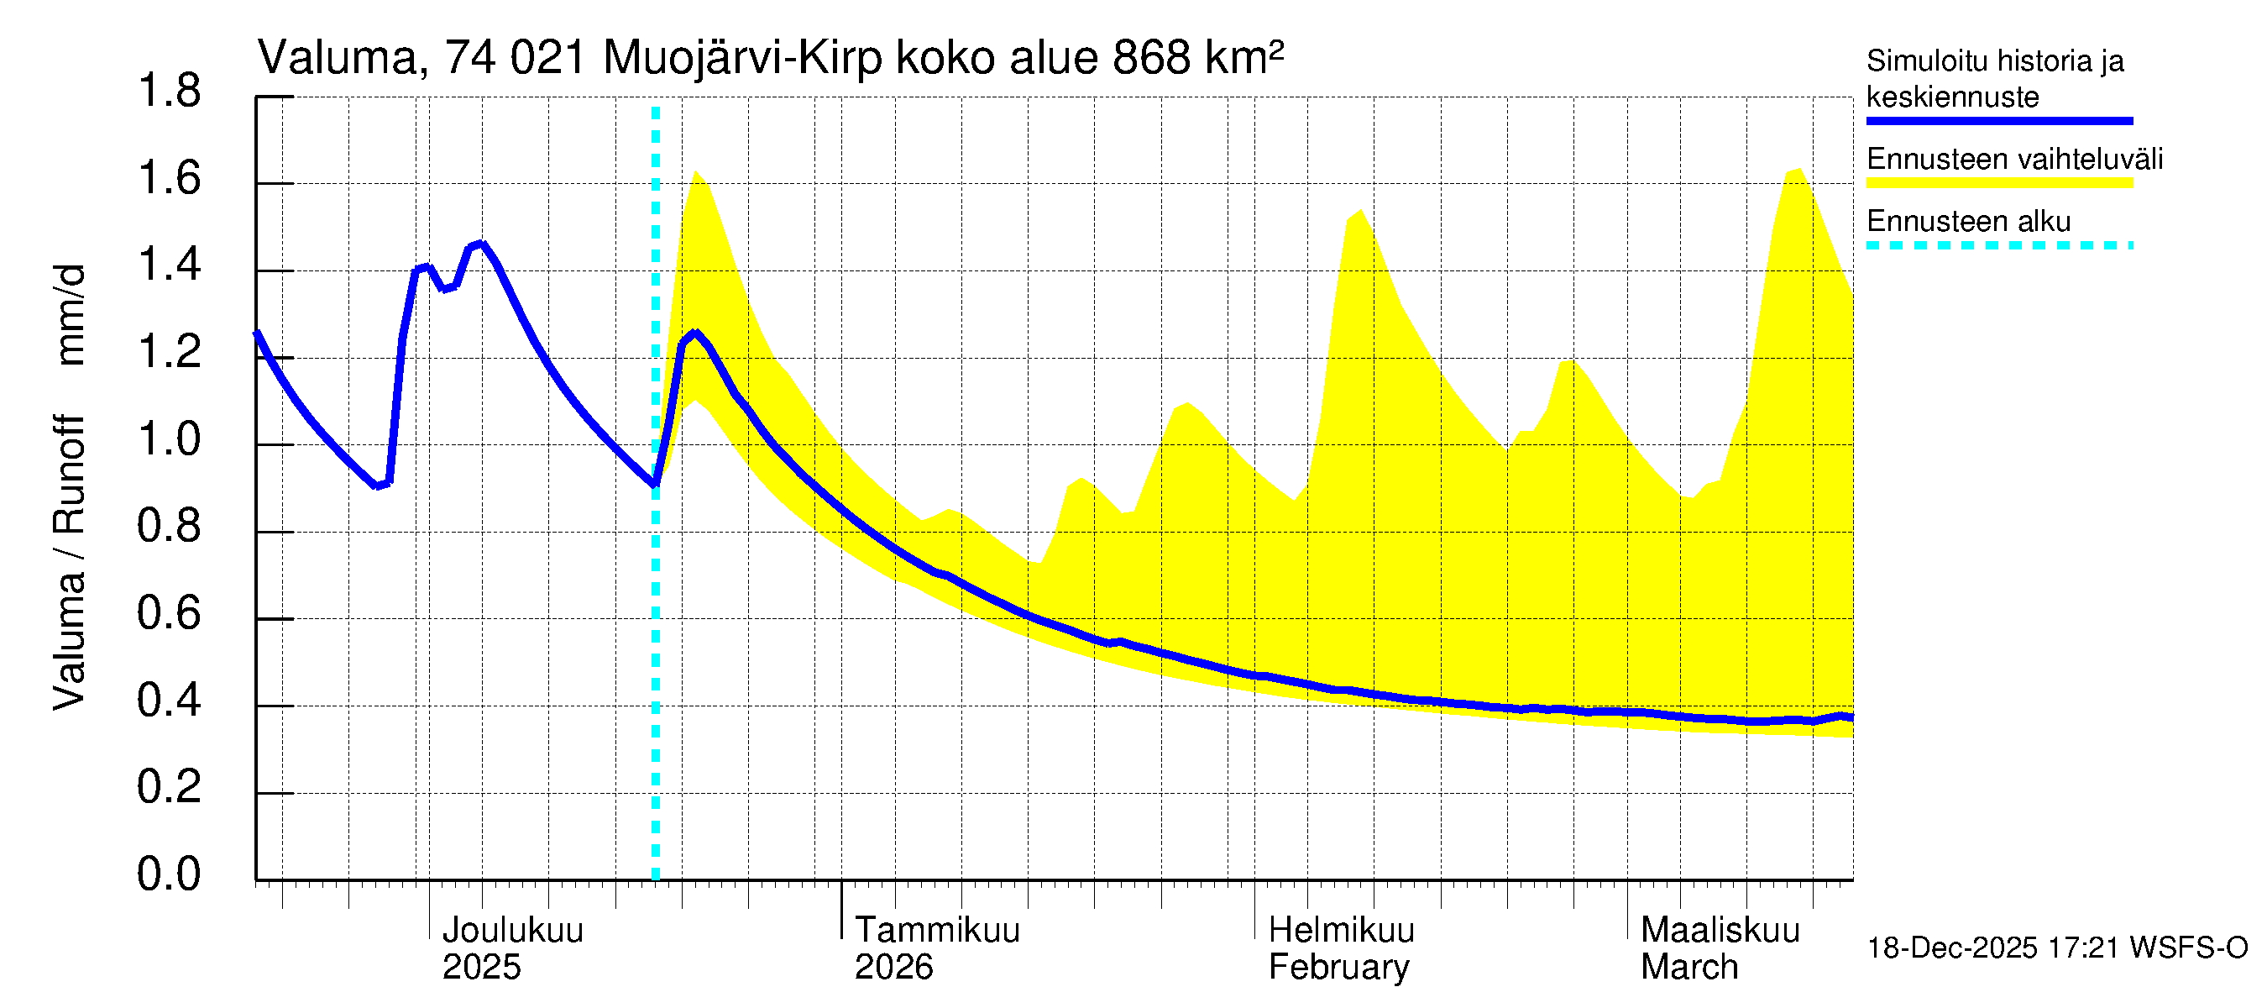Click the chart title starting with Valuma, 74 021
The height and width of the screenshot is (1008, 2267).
coord(770,58)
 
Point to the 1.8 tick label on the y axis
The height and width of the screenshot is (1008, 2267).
coord(169,92)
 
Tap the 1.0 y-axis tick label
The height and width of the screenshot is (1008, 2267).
coord(169,439)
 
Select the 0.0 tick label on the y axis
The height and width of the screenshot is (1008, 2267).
coord(169,874)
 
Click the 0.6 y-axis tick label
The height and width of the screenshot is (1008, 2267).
coord(169,613)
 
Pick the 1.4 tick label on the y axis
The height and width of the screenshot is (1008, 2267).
coord(169,266)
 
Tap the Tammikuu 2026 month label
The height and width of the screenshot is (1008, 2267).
coord(936,948)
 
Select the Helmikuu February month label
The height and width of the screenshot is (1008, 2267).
coord(1340,948)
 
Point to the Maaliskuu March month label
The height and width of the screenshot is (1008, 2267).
coord(1720,948)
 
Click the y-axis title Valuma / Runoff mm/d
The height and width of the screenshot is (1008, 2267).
coord(69,487)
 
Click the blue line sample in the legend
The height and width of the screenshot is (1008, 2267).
coord(1998,121)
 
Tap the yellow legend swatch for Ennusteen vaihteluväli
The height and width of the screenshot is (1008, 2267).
coord(1998,183)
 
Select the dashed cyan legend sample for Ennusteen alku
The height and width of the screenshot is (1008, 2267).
coord(1998,245)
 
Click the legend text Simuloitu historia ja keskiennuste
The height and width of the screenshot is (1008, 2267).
coord(1994,78)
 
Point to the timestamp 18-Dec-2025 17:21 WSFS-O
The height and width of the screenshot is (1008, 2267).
coord(2056,948)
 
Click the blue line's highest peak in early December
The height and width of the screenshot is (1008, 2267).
coord(480,244)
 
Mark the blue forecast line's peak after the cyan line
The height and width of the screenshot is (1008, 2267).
coord(695,333)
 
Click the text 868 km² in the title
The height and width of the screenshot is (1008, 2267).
coord(1196,58)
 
